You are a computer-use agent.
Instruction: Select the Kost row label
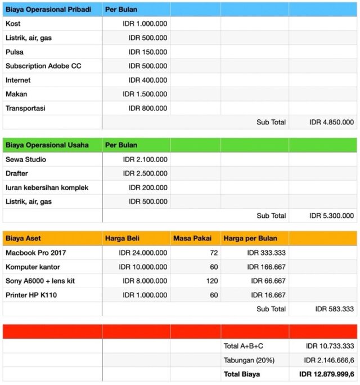tap(13, 24)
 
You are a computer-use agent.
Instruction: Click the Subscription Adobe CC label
tap(43, 66)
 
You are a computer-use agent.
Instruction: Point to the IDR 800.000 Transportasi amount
tap(147, 108)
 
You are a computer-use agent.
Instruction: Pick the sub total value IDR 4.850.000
tap(331, 122)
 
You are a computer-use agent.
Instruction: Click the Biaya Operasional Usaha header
tap(47, 145)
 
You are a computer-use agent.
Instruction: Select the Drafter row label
tap(17, 173)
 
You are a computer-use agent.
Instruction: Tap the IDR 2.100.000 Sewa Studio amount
tap(145, 159)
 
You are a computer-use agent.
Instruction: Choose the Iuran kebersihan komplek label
tap(47, 187)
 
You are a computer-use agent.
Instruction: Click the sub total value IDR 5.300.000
tap(331, 216)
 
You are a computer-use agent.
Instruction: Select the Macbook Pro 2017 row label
tap(36, 253)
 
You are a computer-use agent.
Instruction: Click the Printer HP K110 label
tap(31, 295)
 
